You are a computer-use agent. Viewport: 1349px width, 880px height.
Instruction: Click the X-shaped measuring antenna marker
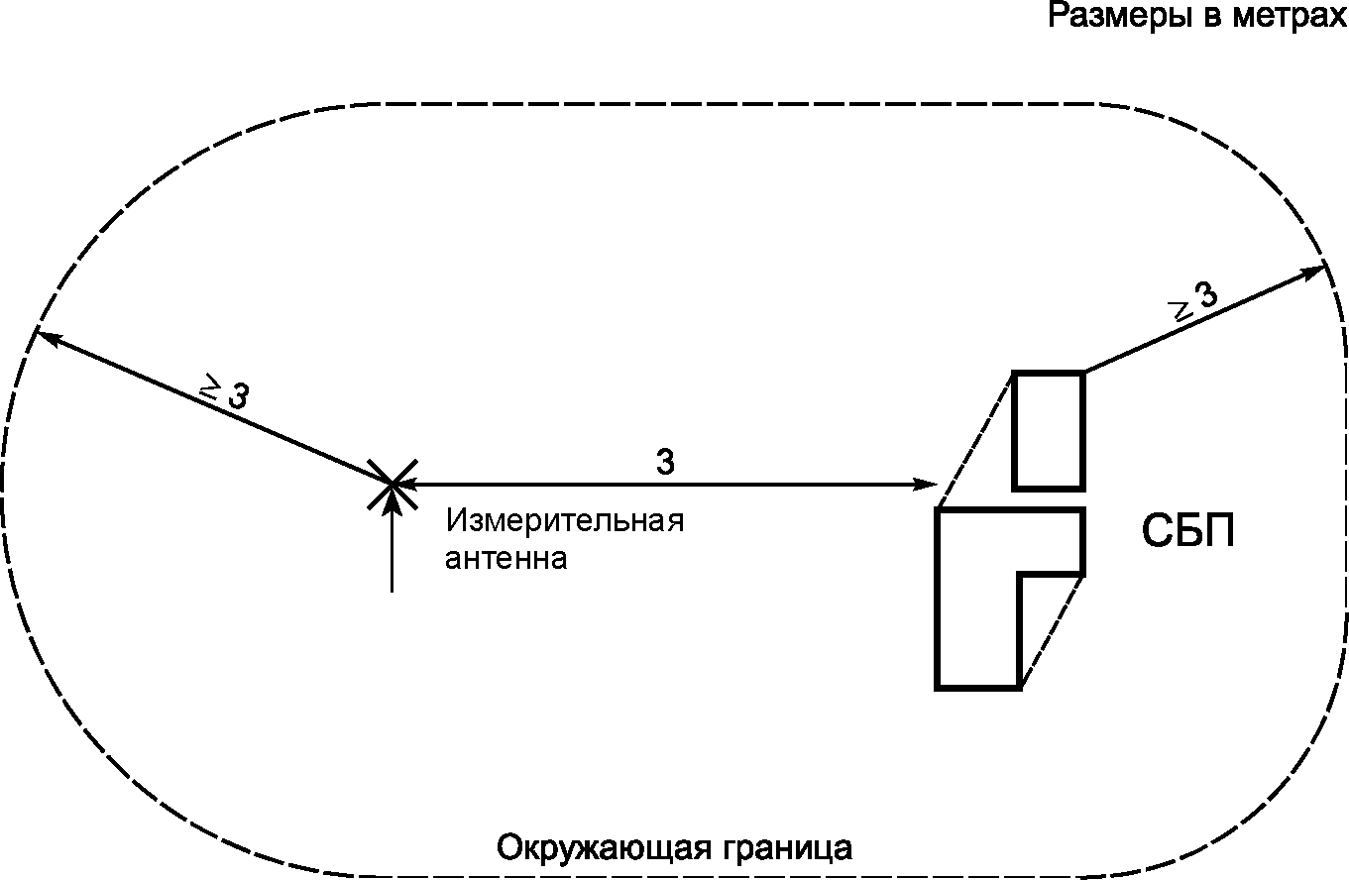pos(393,484)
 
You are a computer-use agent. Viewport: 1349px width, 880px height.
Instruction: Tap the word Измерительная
pos(565,521)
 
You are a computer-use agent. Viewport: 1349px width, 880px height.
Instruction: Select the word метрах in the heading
pos(1292,17)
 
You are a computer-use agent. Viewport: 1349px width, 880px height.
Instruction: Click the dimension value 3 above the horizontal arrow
pos(666,462)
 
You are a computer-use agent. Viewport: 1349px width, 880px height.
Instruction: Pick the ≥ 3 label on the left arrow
pos(225,392)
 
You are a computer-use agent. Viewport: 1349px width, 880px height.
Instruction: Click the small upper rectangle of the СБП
pos(1048,430)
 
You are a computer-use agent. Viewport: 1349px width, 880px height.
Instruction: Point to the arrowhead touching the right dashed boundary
pos(1317,270)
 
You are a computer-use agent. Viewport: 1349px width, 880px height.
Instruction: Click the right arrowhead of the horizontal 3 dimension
pos(929,485)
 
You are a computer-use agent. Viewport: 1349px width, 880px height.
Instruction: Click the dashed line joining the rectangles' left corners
pos(975,439)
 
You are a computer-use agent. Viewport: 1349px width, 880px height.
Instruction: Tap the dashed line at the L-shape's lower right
pos(1052,630)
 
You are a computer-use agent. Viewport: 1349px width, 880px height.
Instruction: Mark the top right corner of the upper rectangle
pos(1082,373)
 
